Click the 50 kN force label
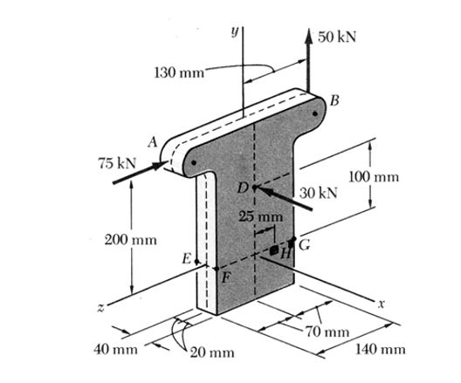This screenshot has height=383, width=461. click(x=337, y=37)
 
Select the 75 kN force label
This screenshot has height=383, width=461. click(x=118, y=163)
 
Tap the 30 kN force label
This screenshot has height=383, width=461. click(x=319, y=193)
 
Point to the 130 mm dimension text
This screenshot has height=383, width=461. click(x=179, y=72)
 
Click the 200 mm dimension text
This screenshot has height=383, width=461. click(x=131, y=240)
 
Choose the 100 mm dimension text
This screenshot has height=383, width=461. click(x=374, y=177)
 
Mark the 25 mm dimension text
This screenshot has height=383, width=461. click(x=261, y=216)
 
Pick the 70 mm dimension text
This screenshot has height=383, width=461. click(x=327, y=332)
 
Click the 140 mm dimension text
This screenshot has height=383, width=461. click(x=381, y=349)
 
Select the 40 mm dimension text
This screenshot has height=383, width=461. click(x=115, y=350)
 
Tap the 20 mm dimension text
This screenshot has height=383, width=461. click(x=212, y=352)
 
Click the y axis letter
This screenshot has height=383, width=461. click(x=234, y=31)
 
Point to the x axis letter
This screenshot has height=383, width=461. click(x=381, y=304)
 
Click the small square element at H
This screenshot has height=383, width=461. click(x=274, y=250)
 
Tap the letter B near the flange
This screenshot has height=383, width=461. click(x=334, y=100)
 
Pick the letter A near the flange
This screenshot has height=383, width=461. click(x=153, y=142)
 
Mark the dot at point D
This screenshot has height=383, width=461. click(x=254, y=187)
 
